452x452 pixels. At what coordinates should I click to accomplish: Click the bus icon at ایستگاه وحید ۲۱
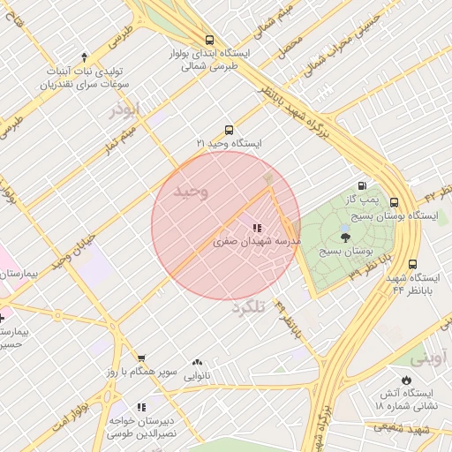[230, 130]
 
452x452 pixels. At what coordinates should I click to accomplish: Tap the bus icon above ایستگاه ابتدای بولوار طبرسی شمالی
[209, 40]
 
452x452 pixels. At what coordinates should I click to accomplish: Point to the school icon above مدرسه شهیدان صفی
[257, 228]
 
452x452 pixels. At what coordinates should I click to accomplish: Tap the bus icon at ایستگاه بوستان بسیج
[394, 202]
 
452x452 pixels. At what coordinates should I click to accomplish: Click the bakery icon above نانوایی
[196, 363]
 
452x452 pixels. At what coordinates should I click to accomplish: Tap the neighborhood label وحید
[192, 192]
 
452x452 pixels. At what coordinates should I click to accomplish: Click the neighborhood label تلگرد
[248, 308]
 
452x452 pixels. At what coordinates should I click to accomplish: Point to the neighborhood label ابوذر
[124, 109]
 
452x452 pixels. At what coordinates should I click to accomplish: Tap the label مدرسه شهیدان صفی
[257, 240]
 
